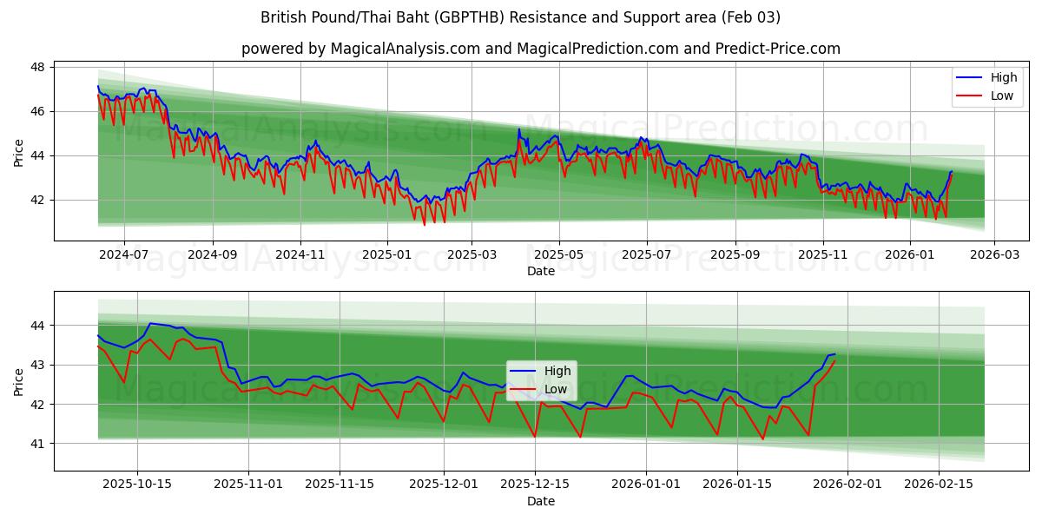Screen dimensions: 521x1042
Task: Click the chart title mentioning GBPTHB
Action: (520, 17)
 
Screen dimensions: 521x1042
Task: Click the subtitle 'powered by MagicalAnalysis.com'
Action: (540, 49)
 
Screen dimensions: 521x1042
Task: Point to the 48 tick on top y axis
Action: (38, 67)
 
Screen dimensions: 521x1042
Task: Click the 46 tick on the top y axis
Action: (38, 111)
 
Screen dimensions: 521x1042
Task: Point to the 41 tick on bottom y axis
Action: (38, 444)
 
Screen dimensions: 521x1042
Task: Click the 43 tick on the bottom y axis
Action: (38, 365)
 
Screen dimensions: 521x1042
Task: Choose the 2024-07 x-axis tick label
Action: (123, 254)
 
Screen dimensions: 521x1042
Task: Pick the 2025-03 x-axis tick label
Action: (472, 254)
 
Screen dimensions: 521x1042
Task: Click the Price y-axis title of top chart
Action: (19, 151)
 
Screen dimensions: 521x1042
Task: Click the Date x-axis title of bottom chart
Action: (540, 501)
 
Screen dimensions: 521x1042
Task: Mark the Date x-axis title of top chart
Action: (540, 271)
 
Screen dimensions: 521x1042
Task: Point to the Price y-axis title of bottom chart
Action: (19, 381)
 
